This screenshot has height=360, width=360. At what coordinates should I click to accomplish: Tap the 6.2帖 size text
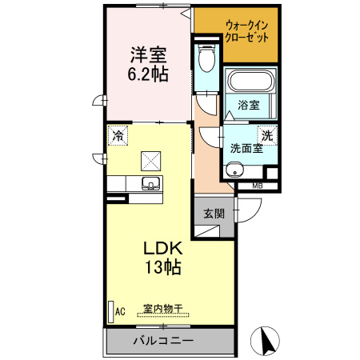[148, 75]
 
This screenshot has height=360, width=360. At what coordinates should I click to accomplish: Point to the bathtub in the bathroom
[251, 82]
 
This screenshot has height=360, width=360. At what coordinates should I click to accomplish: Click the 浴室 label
[248, 105]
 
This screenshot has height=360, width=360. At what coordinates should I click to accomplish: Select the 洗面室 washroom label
[246, 148]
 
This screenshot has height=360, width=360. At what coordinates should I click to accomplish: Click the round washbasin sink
[234, 170]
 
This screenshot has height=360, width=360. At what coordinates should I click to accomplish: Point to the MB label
[257, 187]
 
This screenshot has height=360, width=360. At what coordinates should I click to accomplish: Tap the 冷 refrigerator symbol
[118, 136]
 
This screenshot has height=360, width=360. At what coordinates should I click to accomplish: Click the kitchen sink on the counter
[150, 185]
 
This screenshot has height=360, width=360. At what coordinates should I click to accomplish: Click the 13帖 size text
[163, 267]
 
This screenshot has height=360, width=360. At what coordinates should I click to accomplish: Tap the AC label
[120, 310]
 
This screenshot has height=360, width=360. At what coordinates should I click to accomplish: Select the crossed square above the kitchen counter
[150, 160]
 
